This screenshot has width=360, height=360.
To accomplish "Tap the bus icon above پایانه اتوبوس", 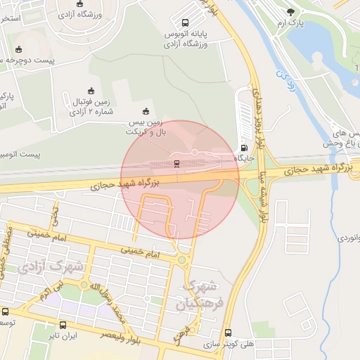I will [x=185, y=23].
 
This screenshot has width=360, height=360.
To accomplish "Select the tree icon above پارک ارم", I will [x=291, y=12].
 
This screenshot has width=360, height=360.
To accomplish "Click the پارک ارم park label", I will [x=291, y=23].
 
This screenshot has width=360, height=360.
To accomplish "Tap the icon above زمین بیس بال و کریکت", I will [x=146, y=111].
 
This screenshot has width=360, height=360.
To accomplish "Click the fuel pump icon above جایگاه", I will [x=245, y=148].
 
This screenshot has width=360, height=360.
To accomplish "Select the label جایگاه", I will [x=245, y=159].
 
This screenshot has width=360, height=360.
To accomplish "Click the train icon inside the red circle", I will [x=176, y=164].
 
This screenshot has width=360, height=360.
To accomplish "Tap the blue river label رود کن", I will [x=283, y=77].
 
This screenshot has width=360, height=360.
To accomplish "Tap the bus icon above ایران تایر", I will [x=63, y=326].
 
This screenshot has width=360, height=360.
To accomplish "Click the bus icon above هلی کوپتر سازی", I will [x=228, y=333].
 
